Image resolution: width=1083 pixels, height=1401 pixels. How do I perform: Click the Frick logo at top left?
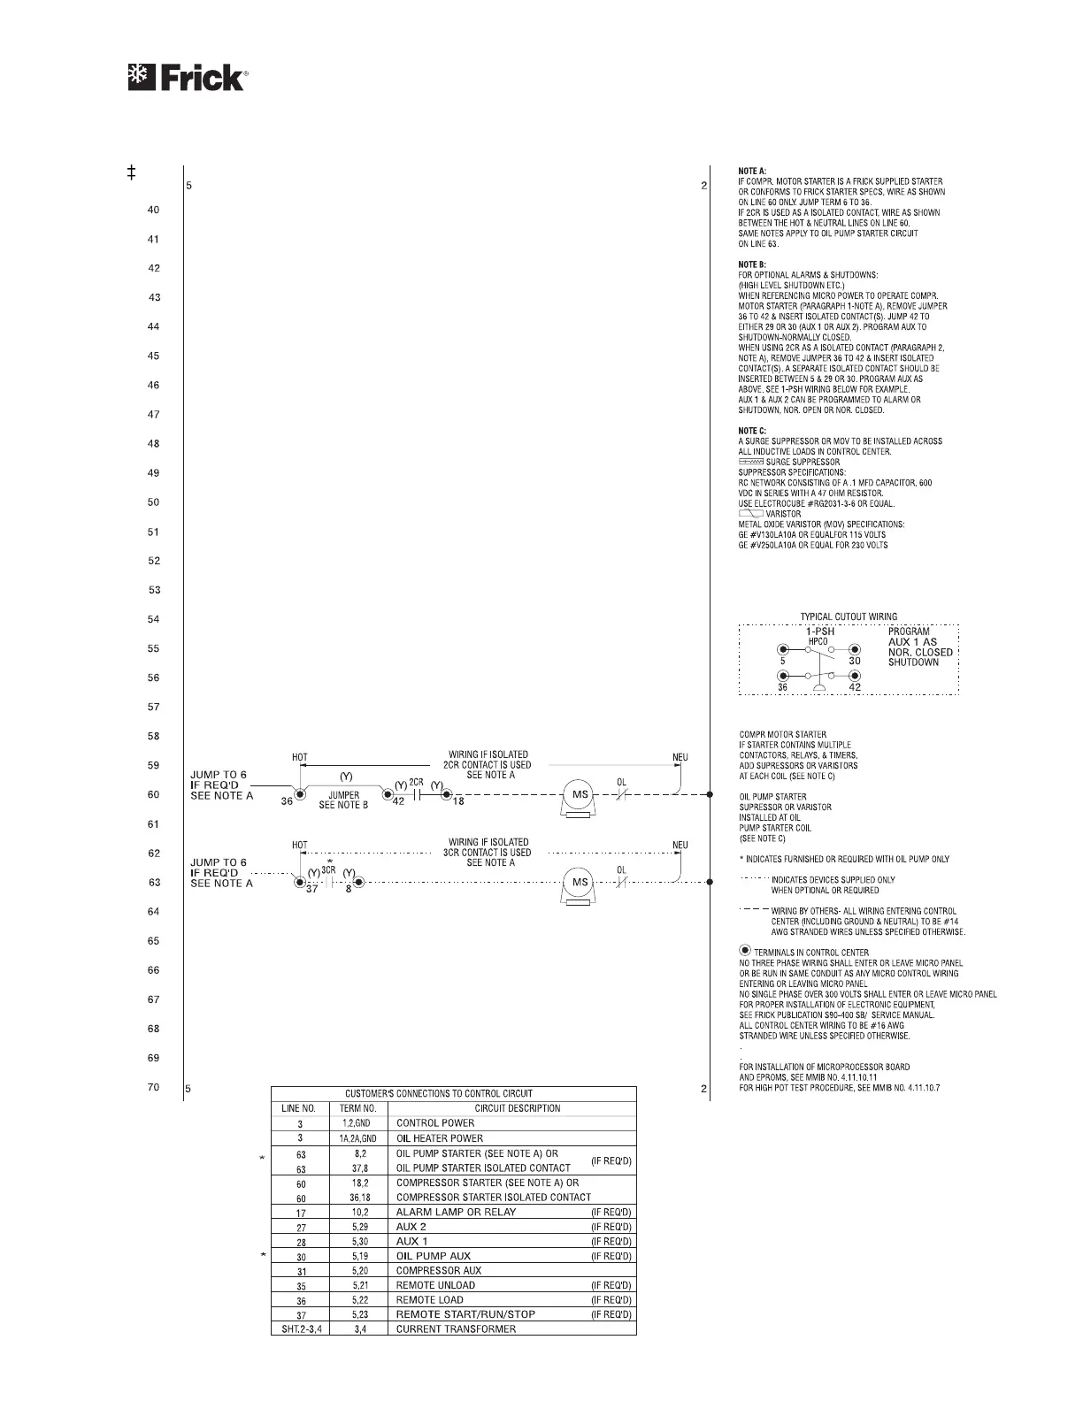[x=188, y=78]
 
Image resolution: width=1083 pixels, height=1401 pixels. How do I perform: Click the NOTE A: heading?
[x=752, y=171]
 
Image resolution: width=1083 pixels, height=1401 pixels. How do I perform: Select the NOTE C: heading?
[x=752, y=431]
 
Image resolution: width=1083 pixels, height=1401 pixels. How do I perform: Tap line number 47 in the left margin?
[x=154, y=415]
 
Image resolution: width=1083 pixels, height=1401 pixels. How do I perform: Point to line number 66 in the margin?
[x=154, y=970]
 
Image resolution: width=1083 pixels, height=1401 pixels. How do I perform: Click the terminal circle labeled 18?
[x=448, y=794]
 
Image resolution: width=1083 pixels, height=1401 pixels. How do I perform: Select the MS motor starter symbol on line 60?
[x=580, y=795]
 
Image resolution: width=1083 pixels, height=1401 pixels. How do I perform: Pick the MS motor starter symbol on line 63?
[x=580, y=883]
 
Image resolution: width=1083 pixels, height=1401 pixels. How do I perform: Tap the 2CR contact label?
[x=417, y=784]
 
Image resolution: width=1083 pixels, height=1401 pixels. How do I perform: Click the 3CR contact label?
[x=328, y=870]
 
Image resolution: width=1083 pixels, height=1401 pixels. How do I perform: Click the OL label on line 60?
[x=622, y=782]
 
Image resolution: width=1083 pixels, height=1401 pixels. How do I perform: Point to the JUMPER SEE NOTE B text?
[x=343, y=800]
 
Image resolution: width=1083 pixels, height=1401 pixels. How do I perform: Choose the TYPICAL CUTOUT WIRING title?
[x=849, y=616]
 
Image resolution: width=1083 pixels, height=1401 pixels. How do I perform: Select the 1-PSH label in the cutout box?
[x=826, y=632]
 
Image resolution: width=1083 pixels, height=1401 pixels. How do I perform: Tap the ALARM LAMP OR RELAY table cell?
[x=456, y=1212]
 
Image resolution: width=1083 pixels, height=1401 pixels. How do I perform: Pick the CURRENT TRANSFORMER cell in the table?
[x=456, y=1328]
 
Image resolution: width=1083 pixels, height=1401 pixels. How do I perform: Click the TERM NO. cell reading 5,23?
[x=358, y=1314]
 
